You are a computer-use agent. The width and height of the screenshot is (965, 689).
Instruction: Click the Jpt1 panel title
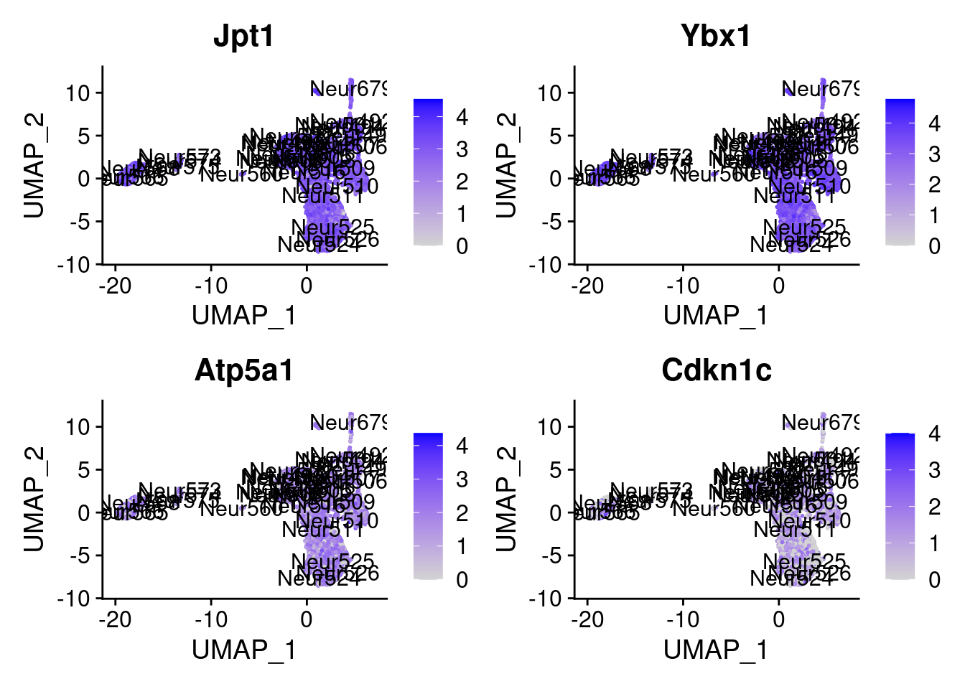coord(243,36)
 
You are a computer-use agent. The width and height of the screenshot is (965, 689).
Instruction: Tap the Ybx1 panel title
coord(716,36)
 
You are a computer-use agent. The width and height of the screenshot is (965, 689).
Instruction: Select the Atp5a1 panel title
coord(243,370)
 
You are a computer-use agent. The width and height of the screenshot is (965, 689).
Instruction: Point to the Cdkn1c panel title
coord(716,370)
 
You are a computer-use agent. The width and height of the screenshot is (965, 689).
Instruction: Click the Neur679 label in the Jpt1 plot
coord(348,89)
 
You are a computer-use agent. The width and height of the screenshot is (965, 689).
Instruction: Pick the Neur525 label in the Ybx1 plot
coord(804,228)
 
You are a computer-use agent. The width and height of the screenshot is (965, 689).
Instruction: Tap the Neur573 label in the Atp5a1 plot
coord(180,491)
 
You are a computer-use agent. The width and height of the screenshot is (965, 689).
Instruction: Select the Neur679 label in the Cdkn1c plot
coord(820,423)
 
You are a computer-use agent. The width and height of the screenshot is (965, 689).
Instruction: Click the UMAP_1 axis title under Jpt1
coord(243,316)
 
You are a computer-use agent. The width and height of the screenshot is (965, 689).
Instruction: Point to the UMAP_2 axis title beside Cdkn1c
coord(506,499)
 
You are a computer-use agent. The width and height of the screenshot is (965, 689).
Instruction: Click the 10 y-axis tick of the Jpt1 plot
coord(78,93)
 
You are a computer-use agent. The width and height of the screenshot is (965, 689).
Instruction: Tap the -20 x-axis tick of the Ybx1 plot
coord(587,286)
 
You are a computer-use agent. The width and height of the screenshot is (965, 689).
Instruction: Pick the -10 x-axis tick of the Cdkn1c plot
coord(683,620)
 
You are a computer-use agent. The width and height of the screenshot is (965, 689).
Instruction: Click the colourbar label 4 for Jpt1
coord(462,116)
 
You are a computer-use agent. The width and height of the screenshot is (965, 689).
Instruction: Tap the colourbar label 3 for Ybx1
coord(934,154)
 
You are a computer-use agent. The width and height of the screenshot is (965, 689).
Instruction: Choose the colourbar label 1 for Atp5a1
coord(462,546)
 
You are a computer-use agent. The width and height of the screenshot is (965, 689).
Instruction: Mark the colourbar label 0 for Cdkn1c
coord(934,580)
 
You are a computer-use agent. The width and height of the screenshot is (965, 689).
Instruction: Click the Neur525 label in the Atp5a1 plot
coord(332,561)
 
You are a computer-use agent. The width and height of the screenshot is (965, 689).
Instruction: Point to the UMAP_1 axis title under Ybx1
coord(716,316)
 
